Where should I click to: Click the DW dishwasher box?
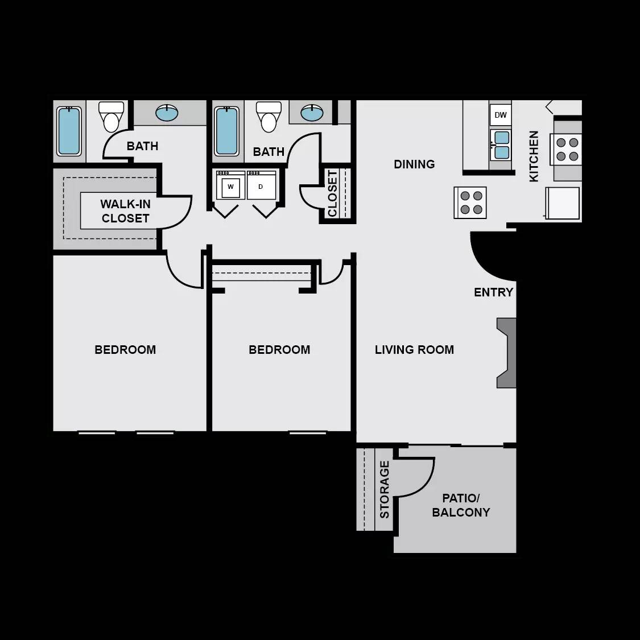click(500, 115)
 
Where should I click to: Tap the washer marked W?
click(230, 186)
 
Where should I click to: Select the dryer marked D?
click(261, 186)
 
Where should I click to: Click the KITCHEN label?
click(534, 156)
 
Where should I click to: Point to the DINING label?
click(414, 164)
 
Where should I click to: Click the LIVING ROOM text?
click(414, 350)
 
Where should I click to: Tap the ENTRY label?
click(493, 292)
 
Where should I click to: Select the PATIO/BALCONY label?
click(461, 505)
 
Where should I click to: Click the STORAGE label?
click(385, 489)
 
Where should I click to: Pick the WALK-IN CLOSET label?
click(125, 211)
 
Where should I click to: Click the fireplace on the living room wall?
click(506, 353)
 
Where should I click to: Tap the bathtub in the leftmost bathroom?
click(69, 131)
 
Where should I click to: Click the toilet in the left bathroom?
click(111, 117)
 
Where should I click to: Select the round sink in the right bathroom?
click(312, 113)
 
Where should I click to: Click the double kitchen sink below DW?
click(501, 144)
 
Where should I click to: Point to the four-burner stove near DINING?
click(470, 203)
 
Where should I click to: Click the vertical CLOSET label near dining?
click(333, 193)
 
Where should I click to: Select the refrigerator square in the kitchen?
click(563, 203)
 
